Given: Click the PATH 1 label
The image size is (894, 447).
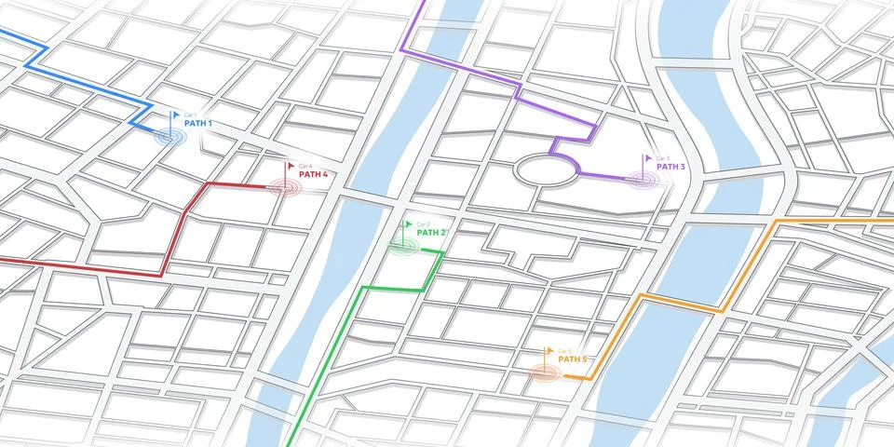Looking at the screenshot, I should (198, 123).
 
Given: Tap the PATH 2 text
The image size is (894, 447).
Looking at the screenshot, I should (431, 233).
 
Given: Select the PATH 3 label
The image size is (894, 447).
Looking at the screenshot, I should (670, 167).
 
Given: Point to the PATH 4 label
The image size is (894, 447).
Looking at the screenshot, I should (313, 174).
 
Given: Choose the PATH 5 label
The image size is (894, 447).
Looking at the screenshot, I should (573, 359).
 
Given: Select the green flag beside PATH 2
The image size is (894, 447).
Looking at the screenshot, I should (408, 225).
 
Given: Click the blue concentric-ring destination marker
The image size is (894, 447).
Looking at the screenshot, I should (170, 137).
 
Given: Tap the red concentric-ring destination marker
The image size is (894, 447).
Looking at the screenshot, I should (286, 187).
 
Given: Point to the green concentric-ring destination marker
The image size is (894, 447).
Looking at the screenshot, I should (402, 246).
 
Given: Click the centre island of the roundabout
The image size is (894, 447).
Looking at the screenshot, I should (545, 170).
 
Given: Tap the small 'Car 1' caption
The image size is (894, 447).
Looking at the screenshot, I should (191, 114).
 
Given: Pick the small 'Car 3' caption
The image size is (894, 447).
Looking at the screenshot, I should (662, 157).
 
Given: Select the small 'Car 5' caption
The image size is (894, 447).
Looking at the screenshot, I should (564, 349).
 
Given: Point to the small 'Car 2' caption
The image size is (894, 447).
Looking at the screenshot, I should (423, 223).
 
